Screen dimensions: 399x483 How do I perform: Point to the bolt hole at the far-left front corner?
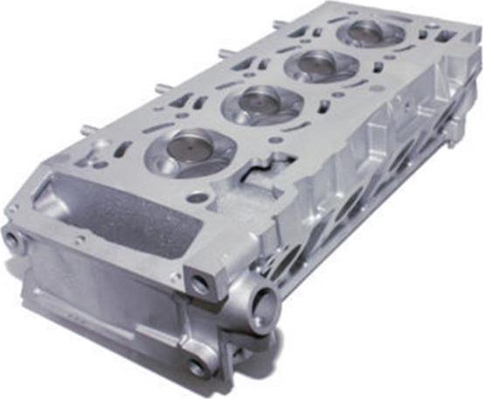(13, 238)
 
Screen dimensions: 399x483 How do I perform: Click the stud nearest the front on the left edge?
(87, 130)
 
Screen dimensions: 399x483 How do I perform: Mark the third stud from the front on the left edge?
(222, 53)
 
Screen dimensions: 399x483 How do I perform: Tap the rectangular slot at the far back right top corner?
(445, 36)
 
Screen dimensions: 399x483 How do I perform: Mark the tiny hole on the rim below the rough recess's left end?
(78, 237)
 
